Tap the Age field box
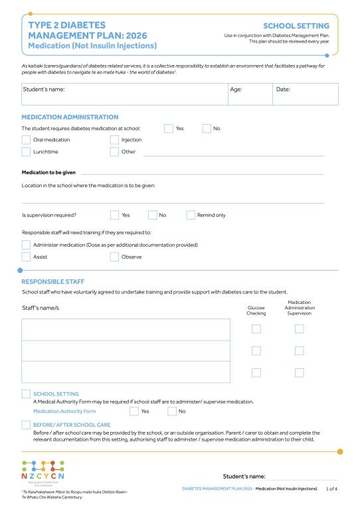tap(248, 94)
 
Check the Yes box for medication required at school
tap(169, 128)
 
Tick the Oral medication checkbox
tap(27, 140)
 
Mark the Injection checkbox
tap(114, 140)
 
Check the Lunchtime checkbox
tap(27, 152)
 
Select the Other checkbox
tap(114, 152)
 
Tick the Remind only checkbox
tap(191, 215)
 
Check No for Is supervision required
tap(152, 215)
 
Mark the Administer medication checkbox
tap(27, 245)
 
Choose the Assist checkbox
tap(27, 257)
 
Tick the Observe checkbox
tap(114, 257)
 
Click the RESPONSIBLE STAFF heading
tap(53, 281)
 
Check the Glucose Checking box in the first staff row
tap(256, 329)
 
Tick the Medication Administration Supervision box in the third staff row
tap(299, 372)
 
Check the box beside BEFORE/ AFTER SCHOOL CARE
tap(27, 425)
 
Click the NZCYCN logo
tap(43, 473)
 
